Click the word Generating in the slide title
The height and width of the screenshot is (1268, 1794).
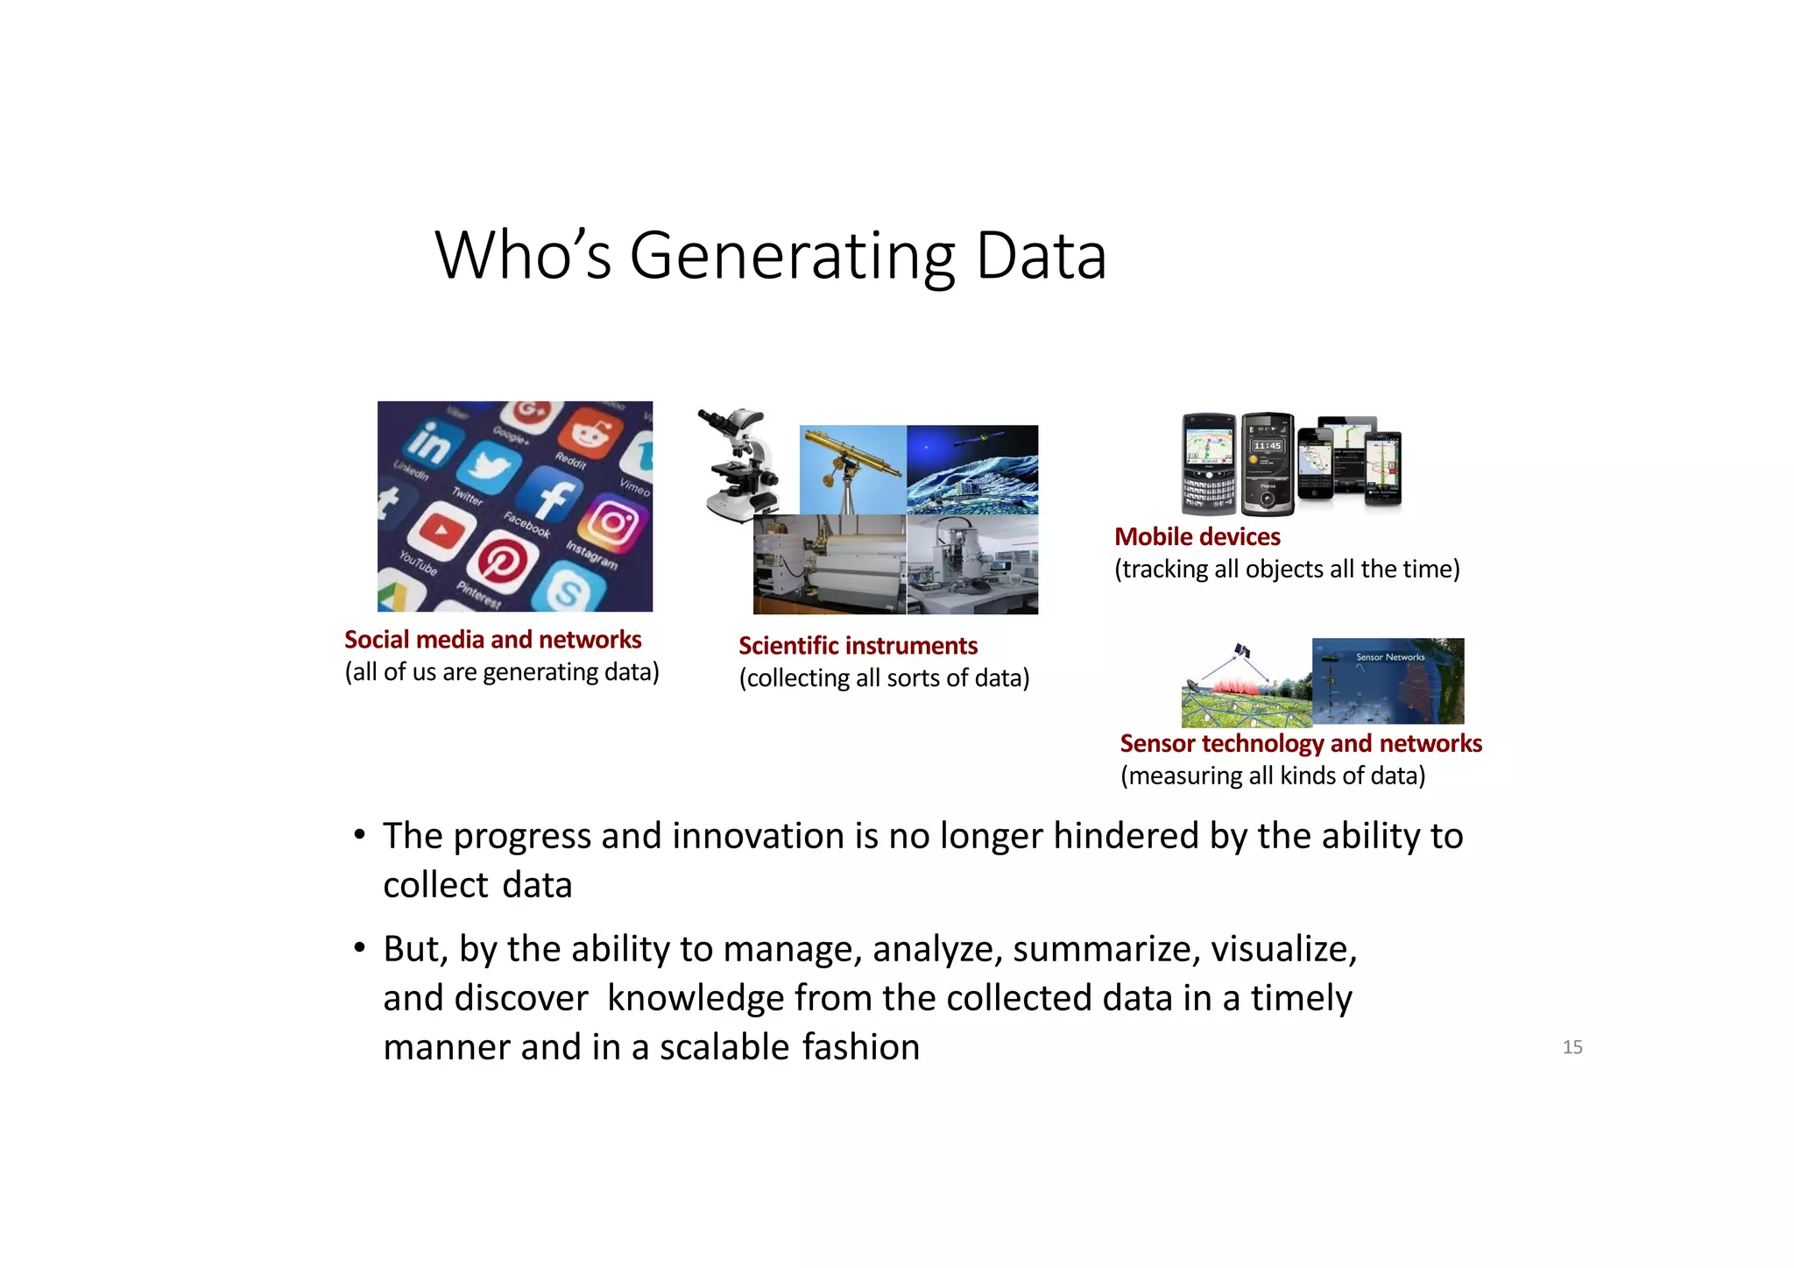[x=792, y=256]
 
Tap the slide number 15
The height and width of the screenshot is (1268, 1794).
[x=1572, y=1047]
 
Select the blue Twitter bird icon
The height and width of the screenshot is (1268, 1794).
[x=491, y=465]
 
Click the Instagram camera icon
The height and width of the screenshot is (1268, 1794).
[x=614, y=524]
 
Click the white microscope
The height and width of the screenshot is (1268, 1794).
[x=741, y=464]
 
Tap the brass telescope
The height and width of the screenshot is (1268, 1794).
[x=851, y=464]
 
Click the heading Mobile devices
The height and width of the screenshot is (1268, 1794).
[x=1197, y=537]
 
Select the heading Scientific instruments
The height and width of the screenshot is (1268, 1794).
[x=858, y=646]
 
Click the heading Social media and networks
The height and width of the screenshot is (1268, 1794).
[x=492, y=640]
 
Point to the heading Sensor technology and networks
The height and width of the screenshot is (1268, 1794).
[x=1301, y=744]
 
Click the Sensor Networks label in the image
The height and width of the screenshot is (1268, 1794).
[x=1390, y=657]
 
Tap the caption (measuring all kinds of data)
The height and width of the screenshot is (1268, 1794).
[x=1273, y=776]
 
